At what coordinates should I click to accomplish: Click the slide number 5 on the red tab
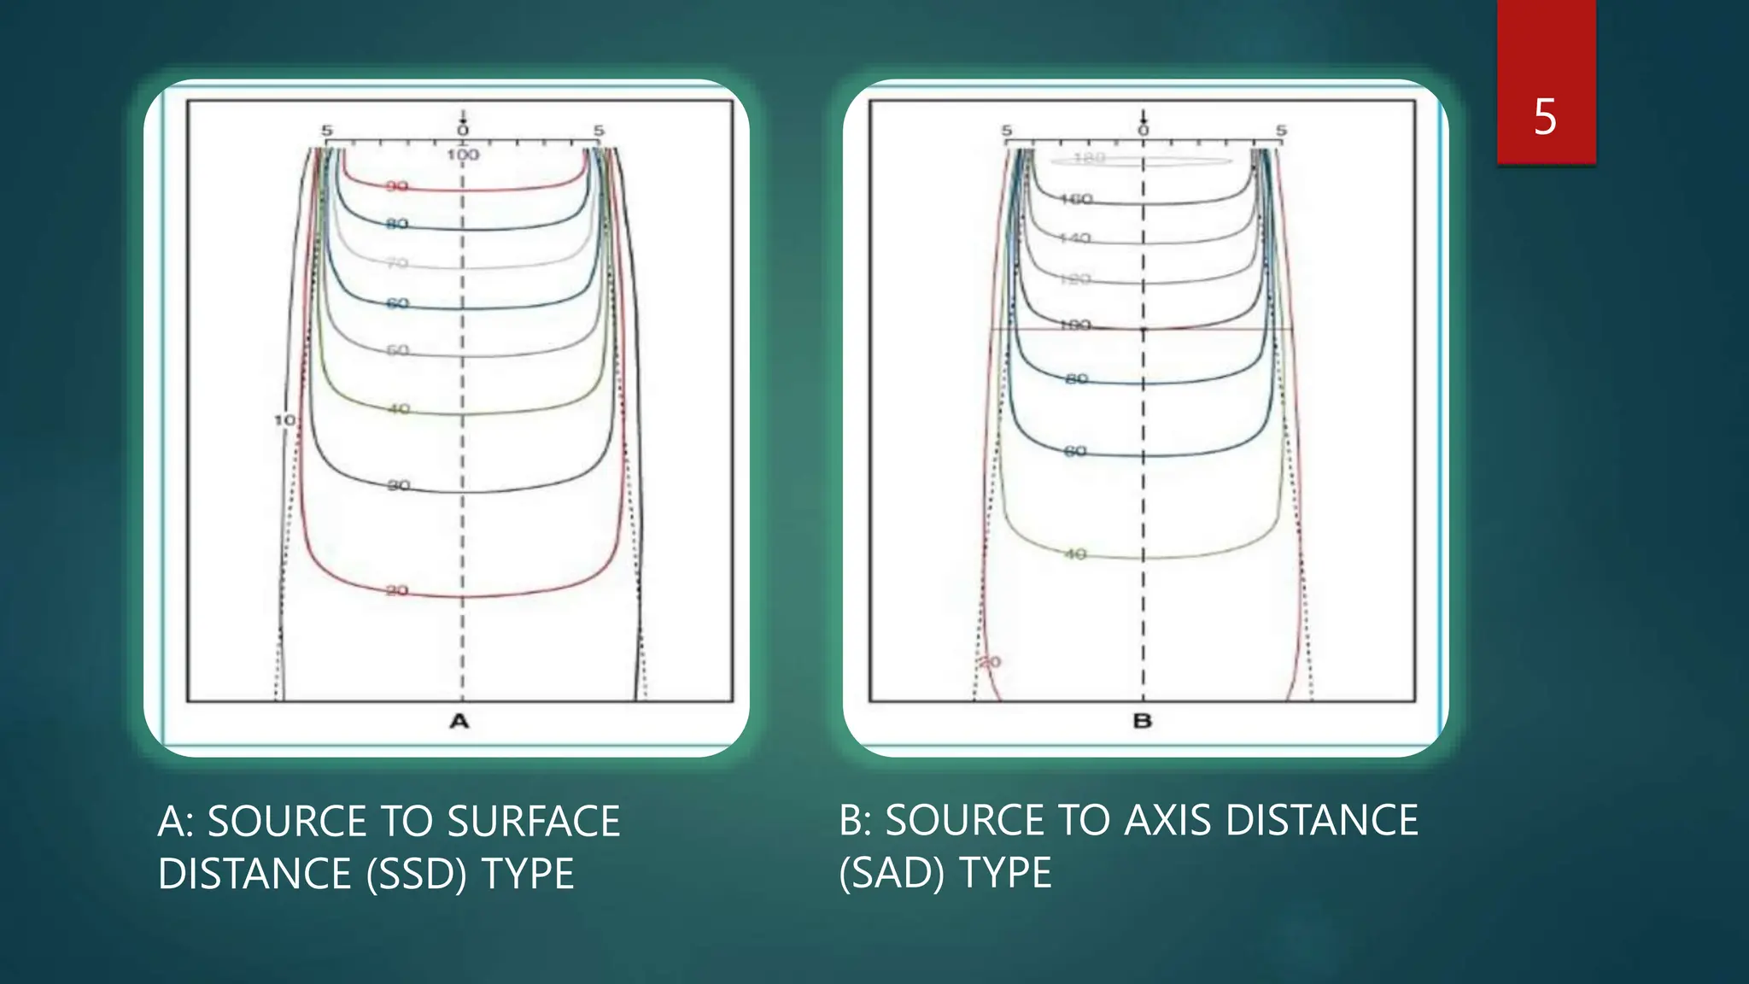click(1545, 116)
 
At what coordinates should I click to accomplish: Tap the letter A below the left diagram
click(459, 722)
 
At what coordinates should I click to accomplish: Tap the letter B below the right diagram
click(1143, 722)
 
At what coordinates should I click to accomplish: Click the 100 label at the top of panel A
click(463, 155)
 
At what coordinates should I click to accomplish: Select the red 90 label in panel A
click(397, 186)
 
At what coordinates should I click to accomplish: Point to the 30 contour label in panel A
click(399, 485)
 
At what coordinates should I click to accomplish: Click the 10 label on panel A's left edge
click(284, 420)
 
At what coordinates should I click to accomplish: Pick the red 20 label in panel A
click(397, 590)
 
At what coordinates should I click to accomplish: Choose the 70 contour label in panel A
click(397, 263)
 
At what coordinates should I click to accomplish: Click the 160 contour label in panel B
click(1076, 199)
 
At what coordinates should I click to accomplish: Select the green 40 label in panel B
click(1075, 554)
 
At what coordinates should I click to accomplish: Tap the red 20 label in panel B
click(990, 662)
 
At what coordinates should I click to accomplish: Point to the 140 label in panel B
click(1075, 238)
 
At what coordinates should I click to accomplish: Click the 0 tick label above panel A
click(463, 131)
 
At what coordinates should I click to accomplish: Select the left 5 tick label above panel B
click(1007, 131)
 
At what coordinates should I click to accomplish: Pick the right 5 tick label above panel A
click(599, 131)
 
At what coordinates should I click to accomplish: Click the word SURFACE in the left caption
click(534, 822)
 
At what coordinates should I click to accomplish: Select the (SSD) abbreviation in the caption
click(417, 874)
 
